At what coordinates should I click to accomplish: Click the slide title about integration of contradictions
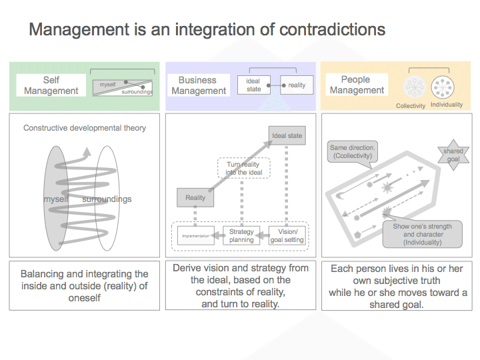tap(207, 30)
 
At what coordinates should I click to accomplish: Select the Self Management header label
tap(51, 85)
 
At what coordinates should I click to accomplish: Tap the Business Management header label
tap(198, 85)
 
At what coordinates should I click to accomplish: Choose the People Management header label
tap(357, 85)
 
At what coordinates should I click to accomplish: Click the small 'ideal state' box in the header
tap(253, 85)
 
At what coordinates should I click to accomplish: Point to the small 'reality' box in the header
tap(297, 85)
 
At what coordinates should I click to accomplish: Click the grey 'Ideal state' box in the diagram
tap(287, 136)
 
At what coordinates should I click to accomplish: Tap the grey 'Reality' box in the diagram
tap(195, 197)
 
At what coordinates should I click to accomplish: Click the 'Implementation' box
tap(195, 235)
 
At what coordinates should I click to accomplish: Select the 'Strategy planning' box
tap(241, 235)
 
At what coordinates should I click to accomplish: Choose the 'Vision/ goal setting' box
tap(287, 235)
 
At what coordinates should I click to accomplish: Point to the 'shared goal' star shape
tap(453, 155)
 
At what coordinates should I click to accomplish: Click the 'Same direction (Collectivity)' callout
tap(353, 151)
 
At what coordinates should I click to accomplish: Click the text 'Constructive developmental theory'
tap(85, 128)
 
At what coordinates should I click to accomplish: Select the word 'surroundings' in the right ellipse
tap(107, 199)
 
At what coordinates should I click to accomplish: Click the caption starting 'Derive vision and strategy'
tap(240, 285)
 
